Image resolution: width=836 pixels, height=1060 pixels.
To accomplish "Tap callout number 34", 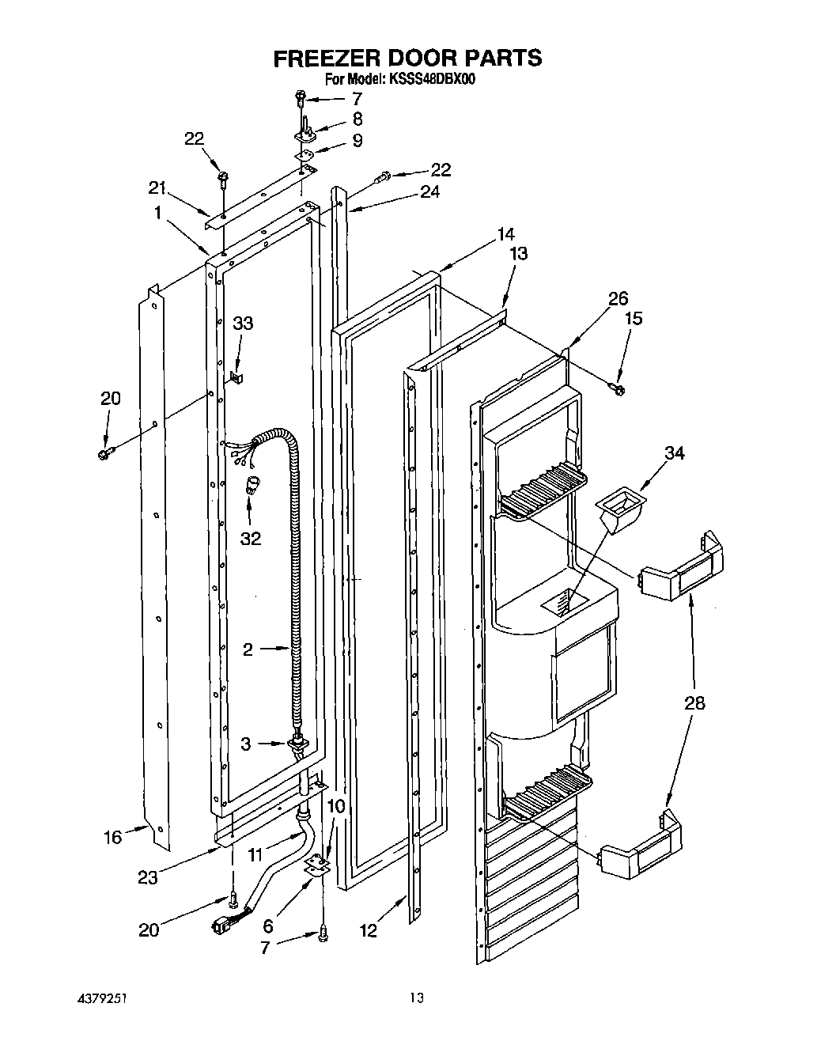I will [x=674, y=453].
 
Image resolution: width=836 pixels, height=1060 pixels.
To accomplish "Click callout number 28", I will [x=694, y=703].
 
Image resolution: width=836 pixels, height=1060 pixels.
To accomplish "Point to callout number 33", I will [x=243, y=323].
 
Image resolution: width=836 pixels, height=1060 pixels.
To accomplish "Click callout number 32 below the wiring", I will [x=250, y=538].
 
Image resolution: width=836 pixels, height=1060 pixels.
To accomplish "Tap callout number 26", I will [x=618, y=298].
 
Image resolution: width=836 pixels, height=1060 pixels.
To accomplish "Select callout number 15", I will [x=633, y=318].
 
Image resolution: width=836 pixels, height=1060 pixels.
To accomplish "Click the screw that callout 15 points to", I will [x=618, y=388].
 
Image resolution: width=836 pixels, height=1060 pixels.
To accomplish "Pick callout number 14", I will [x=505, y=234].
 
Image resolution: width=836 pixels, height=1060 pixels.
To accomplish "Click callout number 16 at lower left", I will [x=113, y=837].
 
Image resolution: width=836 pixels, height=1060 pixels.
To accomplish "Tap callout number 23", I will [x=148, y=876].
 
